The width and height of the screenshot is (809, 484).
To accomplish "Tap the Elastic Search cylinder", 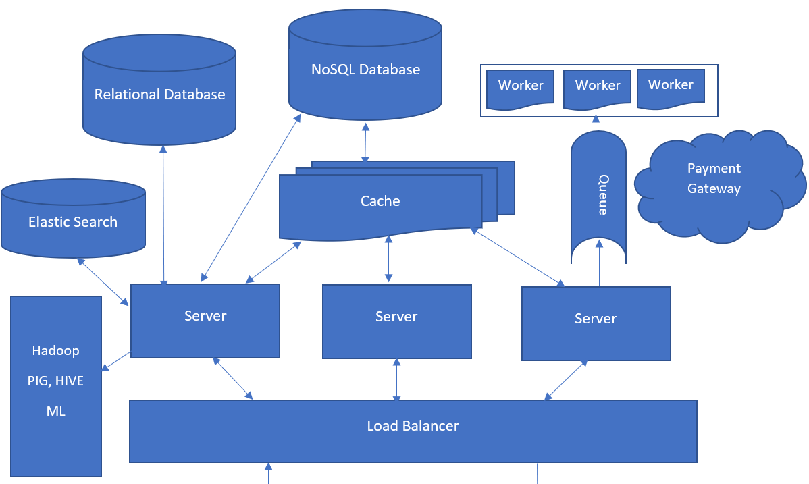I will coord(73,222).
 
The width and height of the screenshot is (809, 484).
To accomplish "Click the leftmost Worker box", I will coord(521,88).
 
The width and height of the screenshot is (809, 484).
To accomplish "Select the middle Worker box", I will coord(597,88).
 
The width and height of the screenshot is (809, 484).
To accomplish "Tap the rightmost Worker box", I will coord(671,88).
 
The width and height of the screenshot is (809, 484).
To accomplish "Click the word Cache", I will coord(380,201).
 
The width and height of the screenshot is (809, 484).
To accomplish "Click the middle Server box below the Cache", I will coord(396,321).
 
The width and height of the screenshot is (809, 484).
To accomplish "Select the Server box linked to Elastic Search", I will coord(205,320).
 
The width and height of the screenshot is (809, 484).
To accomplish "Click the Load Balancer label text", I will coord(413,426).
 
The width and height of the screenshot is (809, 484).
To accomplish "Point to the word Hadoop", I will coord(56,351).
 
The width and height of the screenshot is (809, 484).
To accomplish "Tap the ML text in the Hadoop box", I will coord(56,411).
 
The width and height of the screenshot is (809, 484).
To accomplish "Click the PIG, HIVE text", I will coord(56,381).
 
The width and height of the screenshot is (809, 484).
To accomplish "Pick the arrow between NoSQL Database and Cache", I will coord(365,143).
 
